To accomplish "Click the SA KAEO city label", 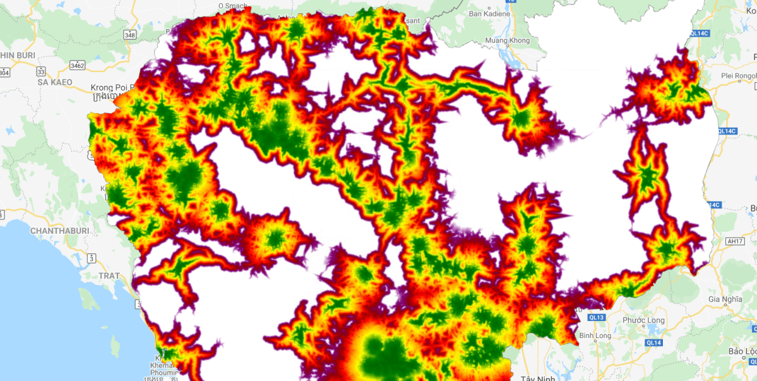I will pos(55,82).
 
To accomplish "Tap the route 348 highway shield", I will pos(130,34).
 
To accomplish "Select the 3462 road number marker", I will pos(78,65).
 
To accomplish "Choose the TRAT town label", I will pos(109,276).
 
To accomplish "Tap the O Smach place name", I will pos(234,5).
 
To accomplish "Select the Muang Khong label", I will pos(508,41).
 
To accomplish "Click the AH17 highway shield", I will pos(734,241).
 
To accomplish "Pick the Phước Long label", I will pos(643,320).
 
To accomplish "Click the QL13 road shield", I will pos(596,317).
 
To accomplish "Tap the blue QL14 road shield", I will pos(653,342).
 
